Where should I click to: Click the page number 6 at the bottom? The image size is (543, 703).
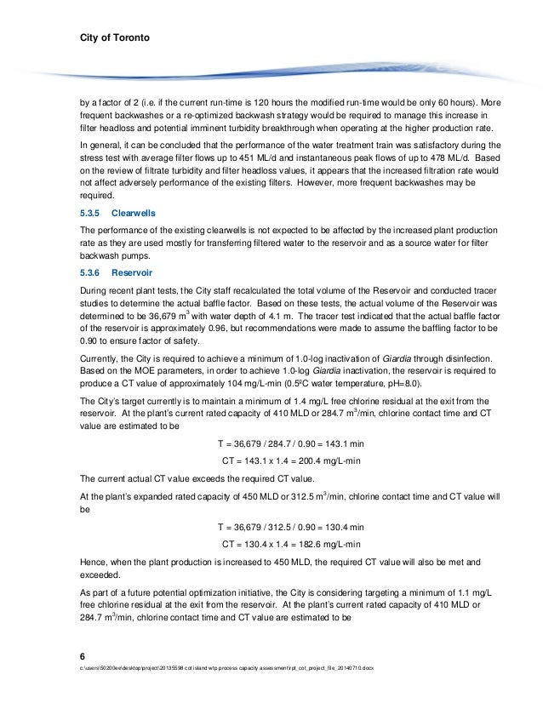82,654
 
